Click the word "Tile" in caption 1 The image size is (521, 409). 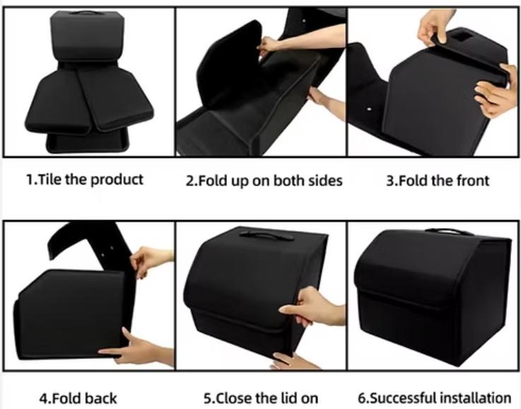pos(50,179)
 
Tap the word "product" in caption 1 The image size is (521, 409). pos(117,180)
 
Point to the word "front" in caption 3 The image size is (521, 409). pos(473,181)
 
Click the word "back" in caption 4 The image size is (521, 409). pos(100,398)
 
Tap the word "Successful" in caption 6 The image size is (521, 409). pos(402,398)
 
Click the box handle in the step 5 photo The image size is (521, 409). pos(267,236)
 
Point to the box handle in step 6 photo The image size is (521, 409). pos(449,232)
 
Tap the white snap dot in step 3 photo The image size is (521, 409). pos(369,109)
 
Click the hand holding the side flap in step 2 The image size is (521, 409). pos(269,45)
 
